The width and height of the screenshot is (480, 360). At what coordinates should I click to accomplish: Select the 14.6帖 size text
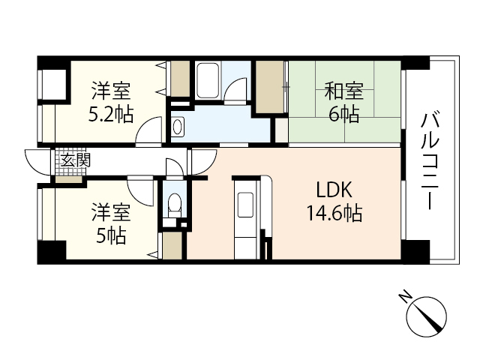click(x=334, y=214)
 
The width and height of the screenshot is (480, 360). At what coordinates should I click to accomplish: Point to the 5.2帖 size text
click(x=112, y=115)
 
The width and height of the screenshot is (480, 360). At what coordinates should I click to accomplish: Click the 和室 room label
click(x=344, y=92)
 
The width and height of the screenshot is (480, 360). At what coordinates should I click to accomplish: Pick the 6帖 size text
click(x=344, y=115)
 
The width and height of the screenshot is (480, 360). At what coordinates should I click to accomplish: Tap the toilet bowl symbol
click(x=174, y=202)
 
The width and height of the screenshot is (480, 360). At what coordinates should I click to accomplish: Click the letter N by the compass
click(x=404, y=297)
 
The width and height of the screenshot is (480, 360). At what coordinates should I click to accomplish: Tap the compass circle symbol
click(x=427, y=317)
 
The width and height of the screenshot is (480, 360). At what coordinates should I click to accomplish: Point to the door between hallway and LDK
click(x=202, y=161)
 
